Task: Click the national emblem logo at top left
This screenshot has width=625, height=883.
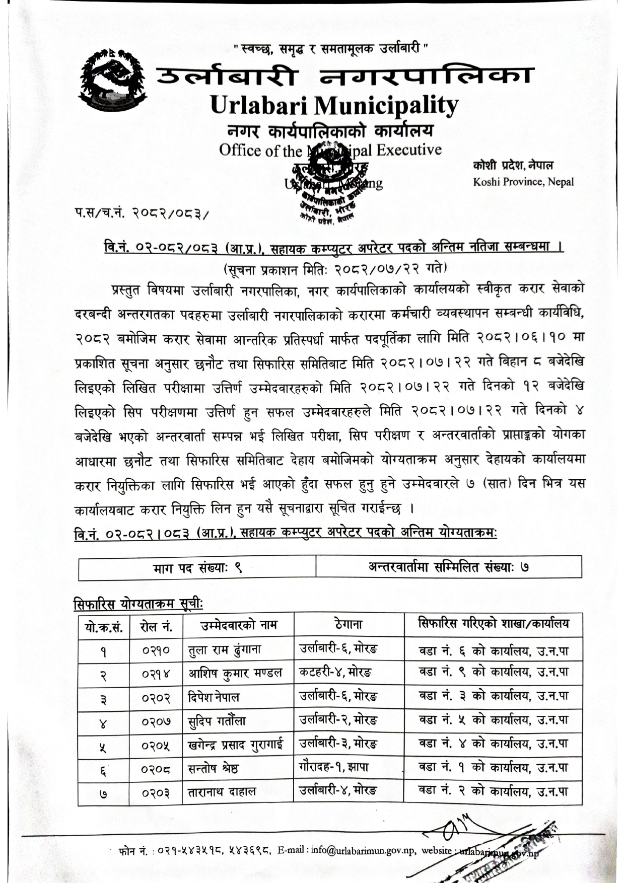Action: (109, 80)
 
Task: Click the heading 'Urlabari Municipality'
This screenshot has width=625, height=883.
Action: (334, 105)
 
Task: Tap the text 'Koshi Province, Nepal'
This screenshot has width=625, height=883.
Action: (523, 182)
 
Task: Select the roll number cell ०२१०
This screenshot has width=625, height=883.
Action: (156, 650)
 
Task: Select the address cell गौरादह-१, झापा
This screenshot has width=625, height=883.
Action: (334, 767)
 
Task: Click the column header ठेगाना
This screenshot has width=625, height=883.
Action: (349, 625)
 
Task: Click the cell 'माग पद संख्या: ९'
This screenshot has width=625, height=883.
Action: (197, 568)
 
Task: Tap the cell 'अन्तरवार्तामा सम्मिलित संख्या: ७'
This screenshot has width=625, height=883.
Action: (448, 567)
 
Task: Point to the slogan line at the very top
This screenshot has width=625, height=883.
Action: (332, 49)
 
